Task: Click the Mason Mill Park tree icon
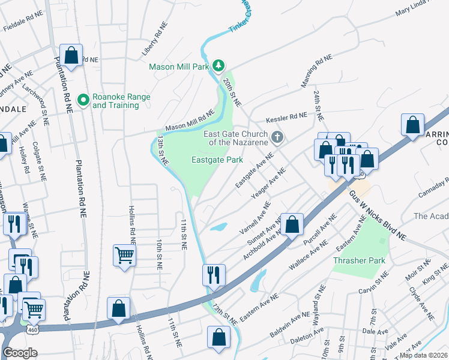click(x=220, y=65)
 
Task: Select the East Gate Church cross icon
click(x=277, y=137)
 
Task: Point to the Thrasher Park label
click(x=358, y=261)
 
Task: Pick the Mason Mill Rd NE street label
click(x=190, y=121)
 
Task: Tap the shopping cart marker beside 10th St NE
click(x=124, y=255)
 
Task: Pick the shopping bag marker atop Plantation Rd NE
click(x=71, y=55)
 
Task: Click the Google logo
click(x=20, y=353)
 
